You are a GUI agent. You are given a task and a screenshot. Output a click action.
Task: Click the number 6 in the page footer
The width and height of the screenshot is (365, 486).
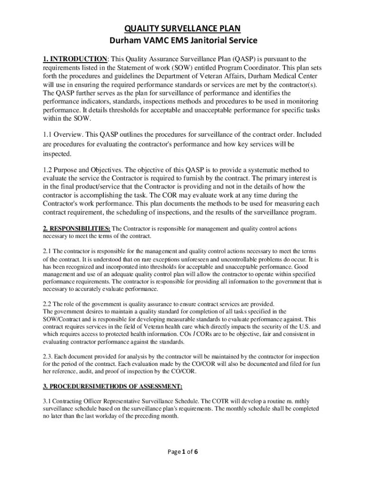point(195,452)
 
